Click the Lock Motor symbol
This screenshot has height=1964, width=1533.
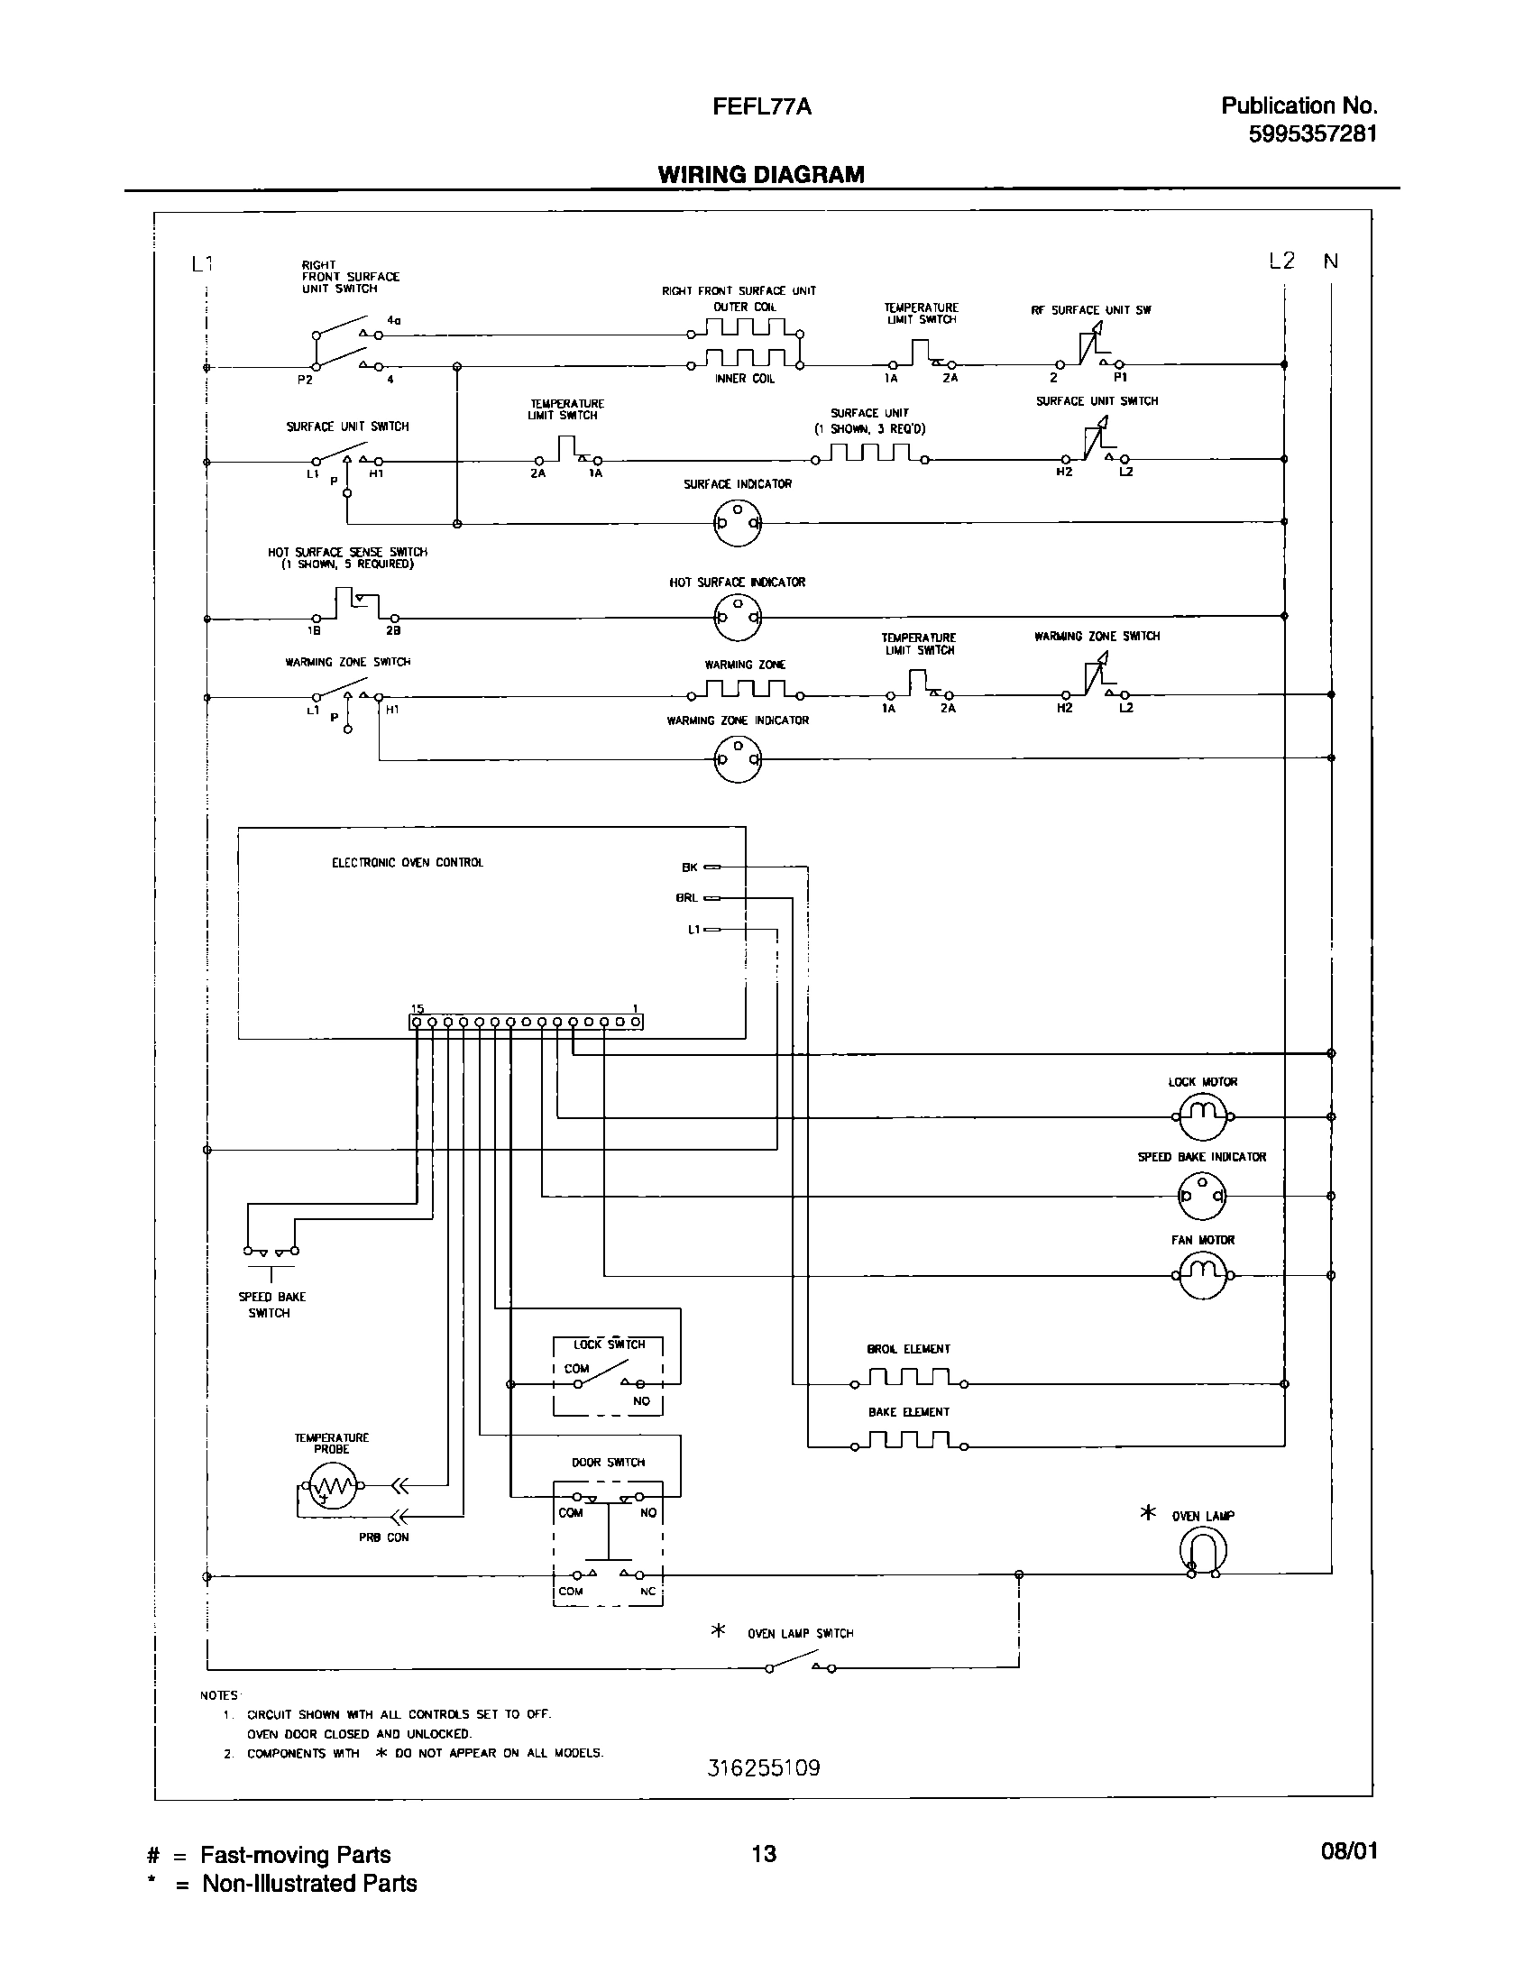(x=1203, y=1116)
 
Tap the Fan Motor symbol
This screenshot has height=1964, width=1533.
(x=1203, y=1275)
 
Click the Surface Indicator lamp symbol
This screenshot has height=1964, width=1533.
(x=738, y=522)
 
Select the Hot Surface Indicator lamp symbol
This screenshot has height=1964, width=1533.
(x=738, y=618)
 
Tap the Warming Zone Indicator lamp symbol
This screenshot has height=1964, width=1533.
(x=738, y=758)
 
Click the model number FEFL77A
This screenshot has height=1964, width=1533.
(x=762, y=106)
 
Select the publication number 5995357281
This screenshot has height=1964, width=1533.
(x=1313, y=134)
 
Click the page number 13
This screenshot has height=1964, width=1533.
(x=764, y=1854)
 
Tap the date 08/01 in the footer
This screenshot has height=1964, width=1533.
(x=1349, y=1851)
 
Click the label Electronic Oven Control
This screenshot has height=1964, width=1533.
(x=408, y=863)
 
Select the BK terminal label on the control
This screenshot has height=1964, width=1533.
(x=690, y=867)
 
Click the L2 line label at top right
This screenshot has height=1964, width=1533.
(x=1281, y=262)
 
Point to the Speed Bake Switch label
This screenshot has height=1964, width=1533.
(x=271, y=1305)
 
